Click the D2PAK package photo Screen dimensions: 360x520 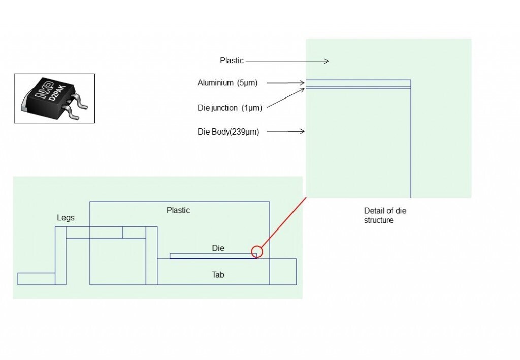(54, 99)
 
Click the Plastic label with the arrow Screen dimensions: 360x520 (232, 61)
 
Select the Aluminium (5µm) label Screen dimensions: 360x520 (227, 83)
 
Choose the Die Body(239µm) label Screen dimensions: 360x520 (229, 132)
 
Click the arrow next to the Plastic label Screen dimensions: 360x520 (287, 61)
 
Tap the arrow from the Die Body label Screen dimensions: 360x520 (285, 132)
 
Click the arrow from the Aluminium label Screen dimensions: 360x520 (285, 83)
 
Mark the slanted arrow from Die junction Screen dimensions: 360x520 (285, 98)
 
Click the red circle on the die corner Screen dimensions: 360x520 (257, 251)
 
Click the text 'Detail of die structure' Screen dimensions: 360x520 (385, 215)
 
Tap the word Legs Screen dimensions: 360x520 (66, 218)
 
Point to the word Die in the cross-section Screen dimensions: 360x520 (218, 248)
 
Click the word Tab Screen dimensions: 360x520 (218, 275)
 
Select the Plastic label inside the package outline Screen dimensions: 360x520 (178, 210)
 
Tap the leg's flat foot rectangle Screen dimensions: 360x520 (36, 279)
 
